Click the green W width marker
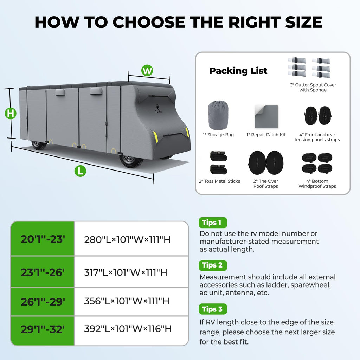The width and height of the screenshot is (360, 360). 147,70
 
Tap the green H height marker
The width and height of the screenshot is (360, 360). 11,114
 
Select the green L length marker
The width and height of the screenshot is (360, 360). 80,171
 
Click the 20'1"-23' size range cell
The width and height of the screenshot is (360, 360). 43,239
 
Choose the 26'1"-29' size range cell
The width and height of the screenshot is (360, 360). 43,301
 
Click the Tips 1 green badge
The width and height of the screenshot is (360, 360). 213,223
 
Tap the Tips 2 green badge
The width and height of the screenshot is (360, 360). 213,265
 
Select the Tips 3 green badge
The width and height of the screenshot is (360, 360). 213,309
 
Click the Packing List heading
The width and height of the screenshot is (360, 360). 238,71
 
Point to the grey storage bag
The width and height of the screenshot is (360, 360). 218,115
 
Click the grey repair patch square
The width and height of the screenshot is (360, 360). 266,117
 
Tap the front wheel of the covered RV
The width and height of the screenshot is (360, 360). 131,160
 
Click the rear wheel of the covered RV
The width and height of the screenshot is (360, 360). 39,145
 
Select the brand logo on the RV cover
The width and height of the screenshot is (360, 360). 158,108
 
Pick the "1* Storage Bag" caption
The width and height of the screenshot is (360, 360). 218,135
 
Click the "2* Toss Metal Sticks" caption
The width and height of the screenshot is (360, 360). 219,181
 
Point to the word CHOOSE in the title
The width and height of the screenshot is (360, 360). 149,22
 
